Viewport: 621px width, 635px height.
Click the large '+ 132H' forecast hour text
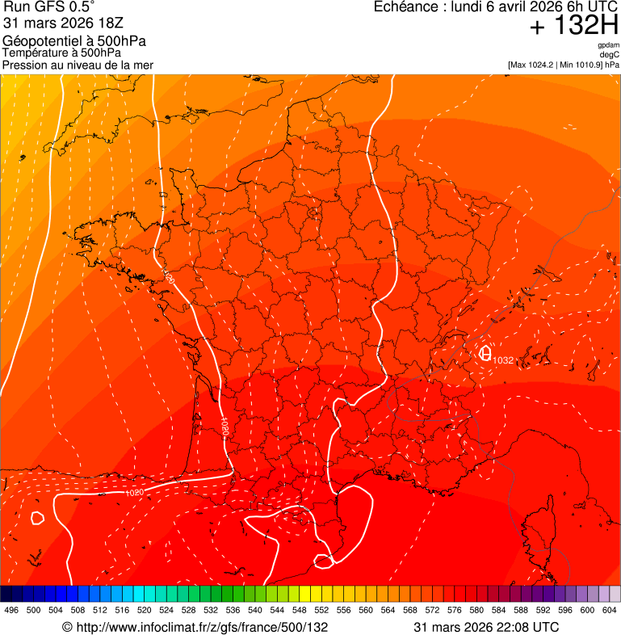click(x=573, y=27)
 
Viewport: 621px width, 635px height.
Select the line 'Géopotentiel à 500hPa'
click(x=74, y=41)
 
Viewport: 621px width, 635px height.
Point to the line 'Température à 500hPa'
click(x=61, y=53)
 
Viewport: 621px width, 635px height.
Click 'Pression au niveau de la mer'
click(x=78, y=65)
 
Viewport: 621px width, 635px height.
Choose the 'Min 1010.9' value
click(x=581, y=65)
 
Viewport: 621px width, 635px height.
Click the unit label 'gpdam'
click(x=609, y=45)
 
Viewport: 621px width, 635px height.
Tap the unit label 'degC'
click(x=610, y=54)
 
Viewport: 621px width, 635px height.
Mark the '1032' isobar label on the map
click(x=503, y=360)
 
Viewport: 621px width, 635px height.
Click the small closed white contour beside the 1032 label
click(x=485, y=353)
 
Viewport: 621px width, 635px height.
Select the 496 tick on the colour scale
click(x=11, y=611)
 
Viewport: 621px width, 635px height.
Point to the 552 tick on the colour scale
click(x=321, y=611)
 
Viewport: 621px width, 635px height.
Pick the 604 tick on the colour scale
click(x=610, y=611)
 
